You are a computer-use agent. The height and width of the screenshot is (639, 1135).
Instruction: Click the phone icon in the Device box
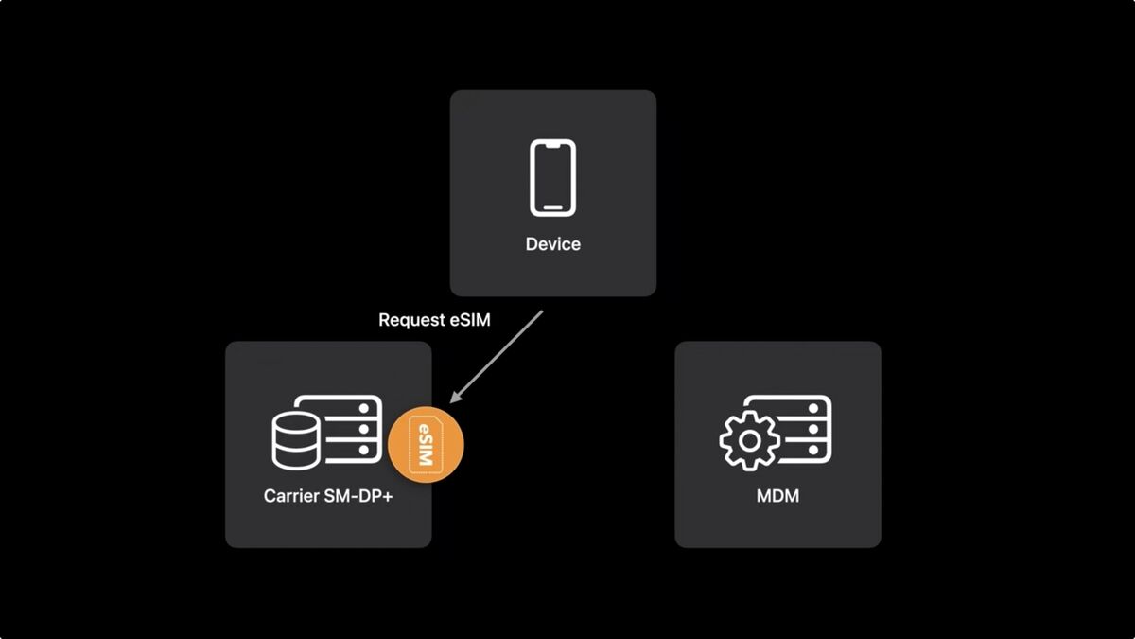(553, 177)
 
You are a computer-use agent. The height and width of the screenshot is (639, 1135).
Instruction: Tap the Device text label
(553, 244)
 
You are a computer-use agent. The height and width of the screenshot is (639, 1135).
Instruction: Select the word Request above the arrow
(411, 320)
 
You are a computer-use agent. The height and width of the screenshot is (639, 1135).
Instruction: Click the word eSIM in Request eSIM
(469, 320)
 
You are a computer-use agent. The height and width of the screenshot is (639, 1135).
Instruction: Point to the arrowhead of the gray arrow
(455, 400)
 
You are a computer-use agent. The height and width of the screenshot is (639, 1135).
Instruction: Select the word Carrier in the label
(291, 495)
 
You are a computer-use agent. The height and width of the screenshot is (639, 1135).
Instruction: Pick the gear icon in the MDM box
(749, 440)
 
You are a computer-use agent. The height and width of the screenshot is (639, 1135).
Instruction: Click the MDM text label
(777, 495)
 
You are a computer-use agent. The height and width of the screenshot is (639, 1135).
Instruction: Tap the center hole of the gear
(749, 440)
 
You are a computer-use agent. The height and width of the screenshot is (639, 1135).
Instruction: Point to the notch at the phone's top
(553, 145)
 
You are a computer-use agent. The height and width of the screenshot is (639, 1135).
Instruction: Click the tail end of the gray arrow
(542, 311)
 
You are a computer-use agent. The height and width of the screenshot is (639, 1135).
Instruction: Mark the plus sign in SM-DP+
(388, 495)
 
